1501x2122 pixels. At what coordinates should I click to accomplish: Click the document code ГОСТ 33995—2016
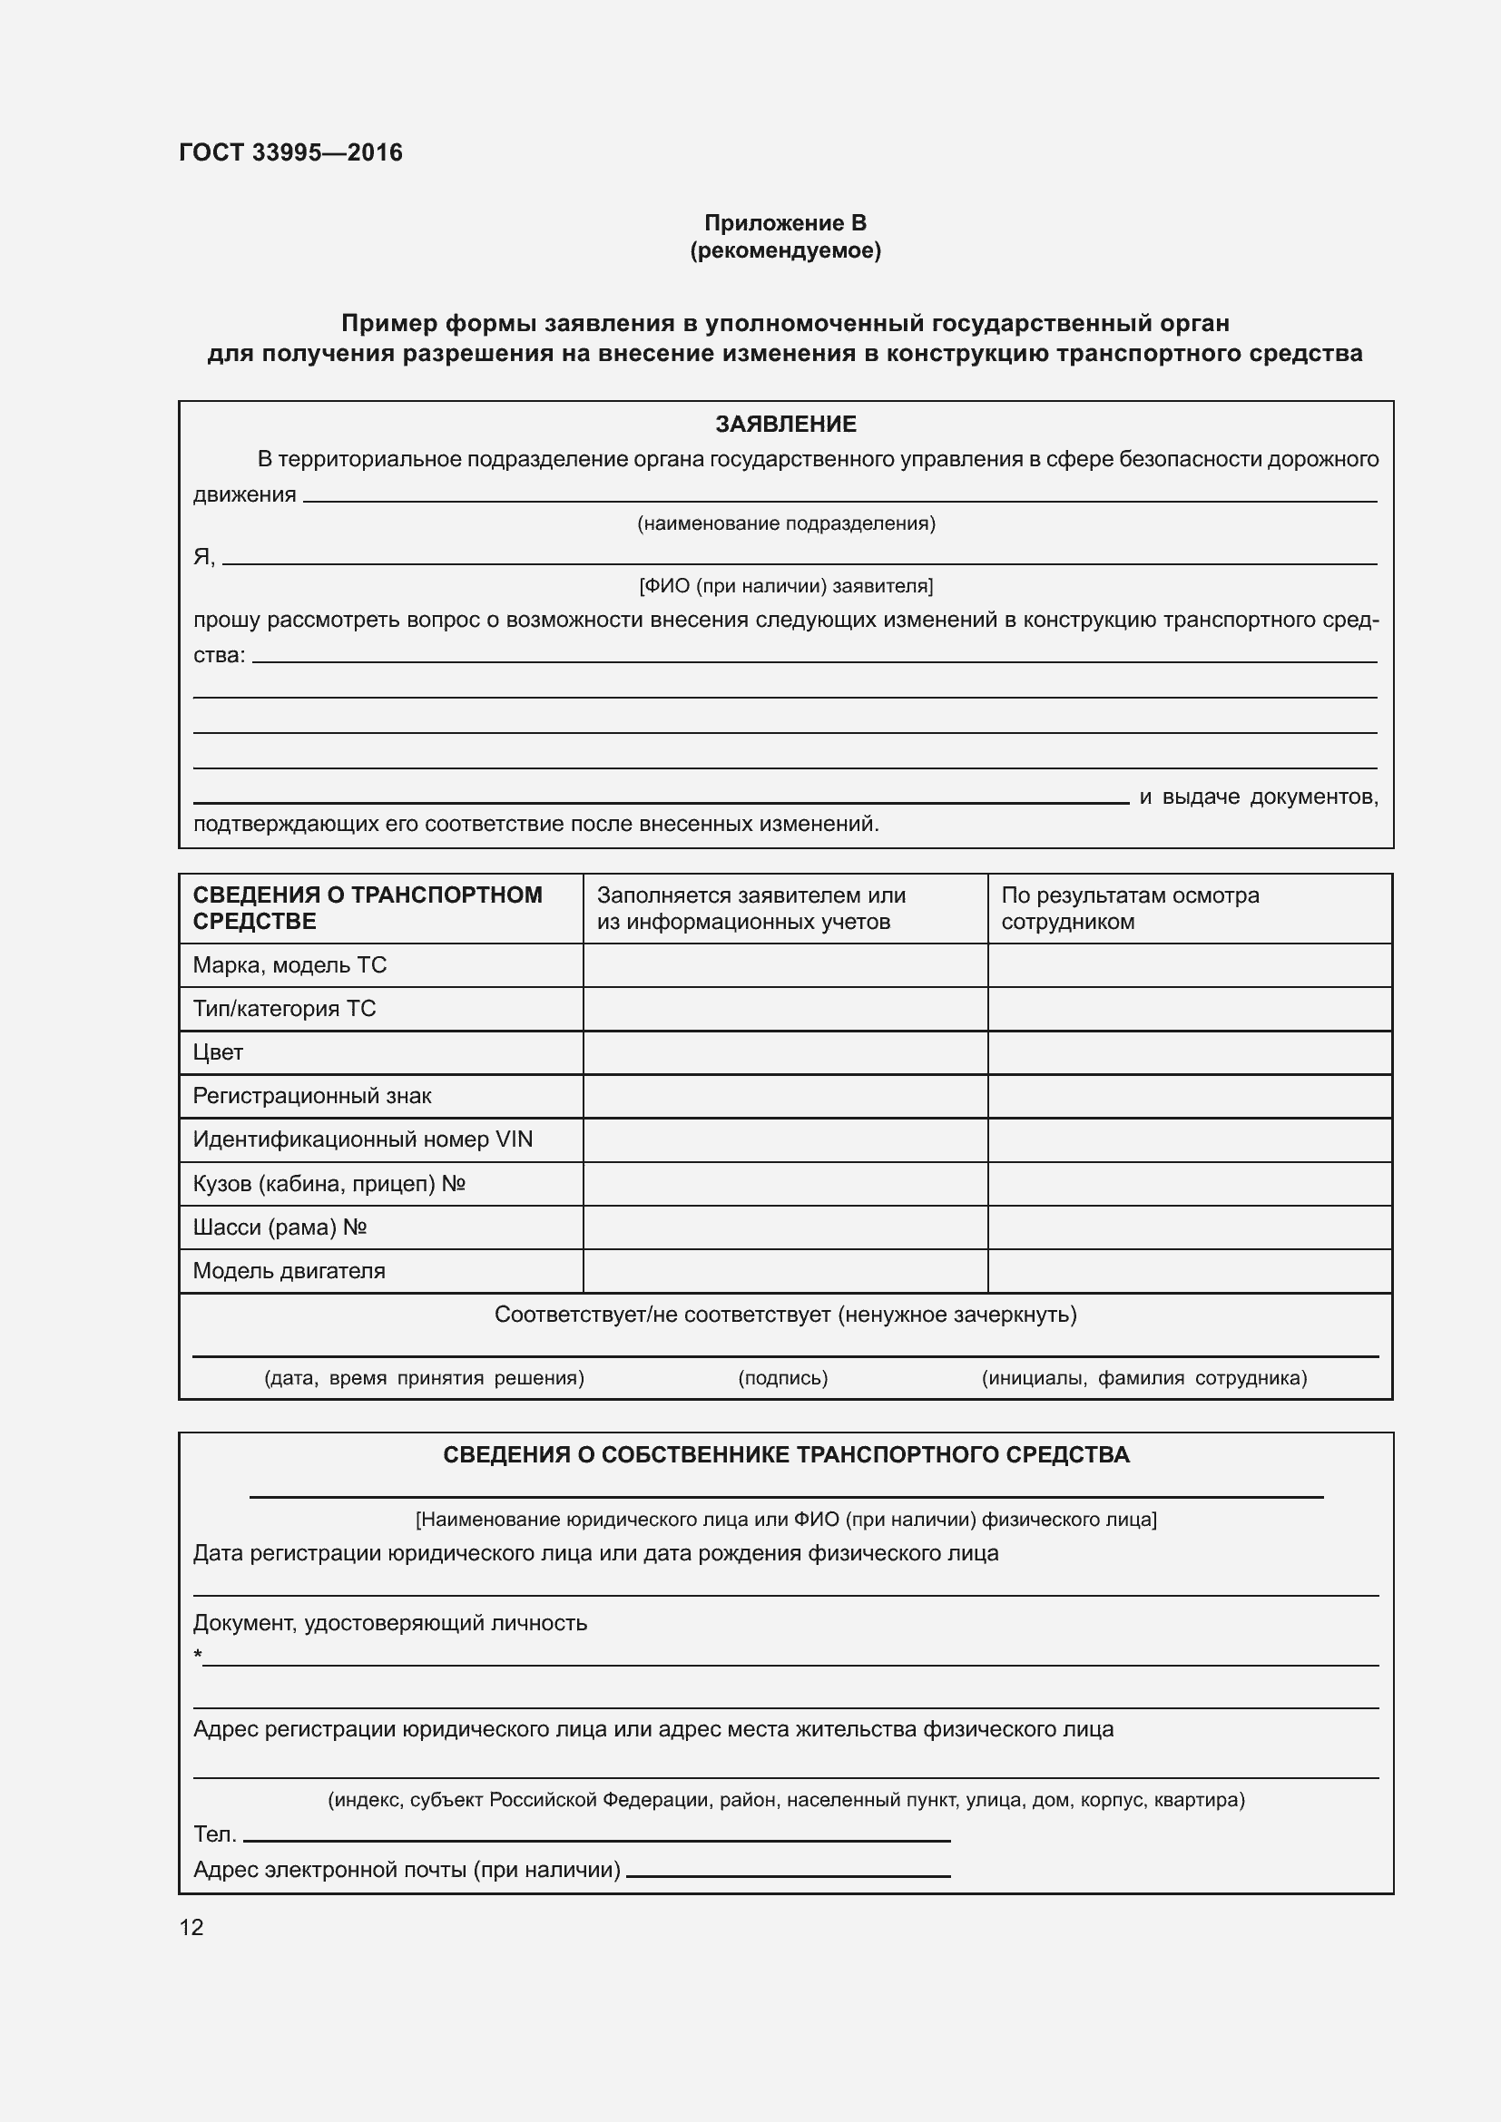(x=290, y=152)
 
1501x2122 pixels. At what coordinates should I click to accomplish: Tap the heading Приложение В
(x=785, y=223)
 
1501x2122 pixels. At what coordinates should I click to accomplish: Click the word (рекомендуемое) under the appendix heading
(x=785, y=250)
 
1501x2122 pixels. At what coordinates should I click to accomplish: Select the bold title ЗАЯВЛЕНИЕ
(x=786, y=425)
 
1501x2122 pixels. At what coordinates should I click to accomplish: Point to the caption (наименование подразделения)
(x=786, y=524)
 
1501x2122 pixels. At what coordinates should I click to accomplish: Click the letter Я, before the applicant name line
(x=203, y=556)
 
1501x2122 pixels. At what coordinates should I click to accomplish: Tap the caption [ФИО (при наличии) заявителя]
(x=786, y=586)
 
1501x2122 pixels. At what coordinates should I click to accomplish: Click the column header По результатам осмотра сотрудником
(x=1130, y=907)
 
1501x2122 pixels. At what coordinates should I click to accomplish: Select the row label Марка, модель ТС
(x=289, y=965)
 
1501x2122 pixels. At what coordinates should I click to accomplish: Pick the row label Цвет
(x=218, y=1051)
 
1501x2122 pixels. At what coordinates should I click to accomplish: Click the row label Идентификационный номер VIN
(x=362, y=1139)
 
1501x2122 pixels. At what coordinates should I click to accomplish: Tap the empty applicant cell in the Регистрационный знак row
(x=785, y=1096)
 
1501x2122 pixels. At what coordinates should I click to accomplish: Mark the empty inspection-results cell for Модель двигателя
(x=1190, y=1271)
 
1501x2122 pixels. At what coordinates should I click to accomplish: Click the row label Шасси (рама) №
(x=280, y=1227)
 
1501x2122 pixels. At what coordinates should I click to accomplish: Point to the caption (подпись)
(x=782, y=1378)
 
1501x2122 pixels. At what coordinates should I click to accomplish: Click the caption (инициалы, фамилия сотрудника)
(x=1143, y=1378)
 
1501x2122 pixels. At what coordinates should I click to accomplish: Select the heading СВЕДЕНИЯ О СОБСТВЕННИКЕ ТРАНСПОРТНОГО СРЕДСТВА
(x=786, y=1454)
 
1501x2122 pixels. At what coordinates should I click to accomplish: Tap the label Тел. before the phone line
(x=214, y=1834)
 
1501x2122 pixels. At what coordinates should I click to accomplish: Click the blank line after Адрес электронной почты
(x=788, y=1873)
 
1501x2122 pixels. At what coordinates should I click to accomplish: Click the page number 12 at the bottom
(x=191, y=1928)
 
